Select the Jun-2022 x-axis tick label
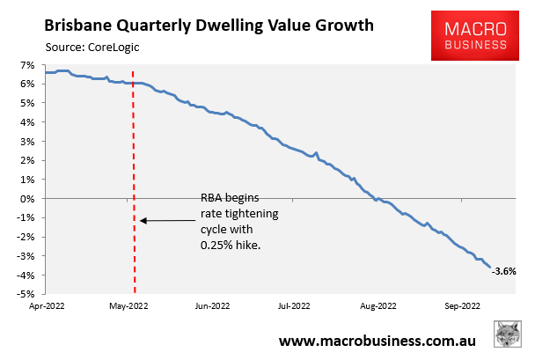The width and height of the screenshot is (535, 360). pyautogui.click(x=213, y=308)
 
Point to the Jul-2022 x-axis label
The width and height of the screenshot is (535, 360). pyautogui.click(x=293, y=308)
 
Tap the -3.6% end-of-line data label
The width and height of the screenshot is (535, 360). pyautogui.click(x=504, y=272)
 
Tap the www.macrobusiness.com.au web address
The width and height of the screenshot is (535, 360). pyautogui.click(x=378, y=340)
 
